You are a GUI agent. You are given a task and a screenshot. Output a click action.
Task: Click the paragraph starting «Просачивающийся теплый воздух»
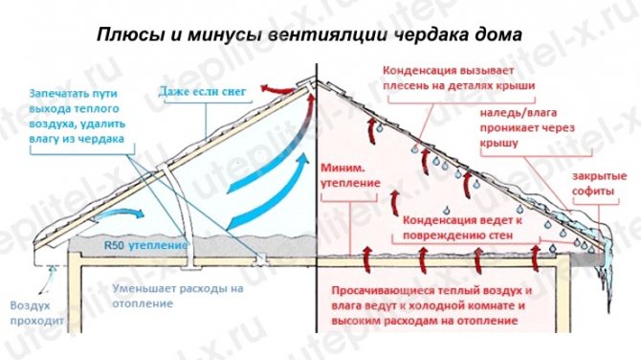(431, 304)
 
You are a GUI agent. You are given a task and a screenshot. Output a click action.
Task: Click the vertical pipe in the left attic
(188, 201)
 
